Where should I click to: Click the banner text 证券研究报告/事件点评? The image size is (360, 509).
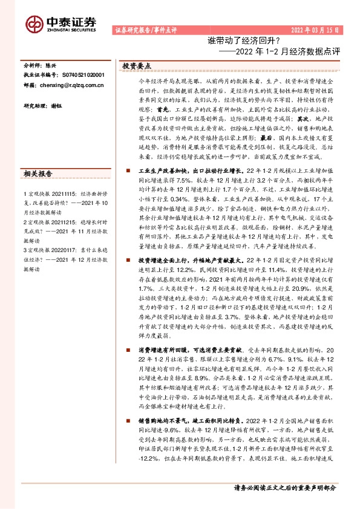tap(145, 30)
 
